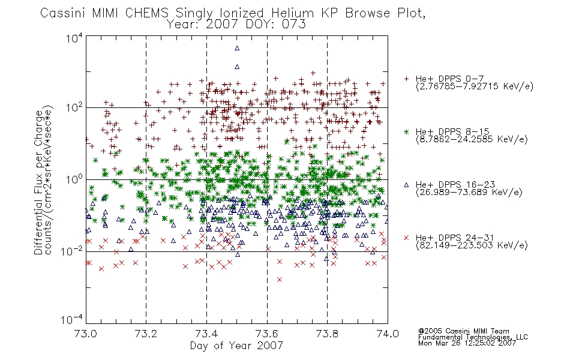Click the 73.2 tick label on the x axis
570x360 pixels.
tap(146, 334)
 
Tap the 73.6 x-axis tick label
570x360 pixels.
tap(267, 334)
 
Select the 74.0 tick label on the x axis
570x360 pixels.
tap(388, 334)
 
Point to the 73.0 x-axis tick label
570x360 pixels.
tap(86, 334)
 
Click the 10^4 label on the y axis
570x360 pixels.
tap(74, 38)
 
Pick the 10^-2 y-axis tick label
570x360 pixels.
tap(73, 251)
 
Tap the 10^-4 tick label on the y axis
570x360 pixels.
tap(73, 319)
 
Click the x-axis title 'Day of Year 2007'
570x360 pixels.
tap(236, 346)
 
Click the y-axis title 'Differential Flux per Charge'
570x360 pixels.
tap(38, 182)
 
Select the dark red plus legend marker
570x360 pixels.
tap(406, 79)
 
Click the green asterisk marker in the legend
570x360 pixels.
tap(406, 131)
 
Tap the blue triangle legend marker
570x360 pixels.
tap(406, 185)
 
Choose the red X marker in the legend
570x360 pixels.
tap(406, 238)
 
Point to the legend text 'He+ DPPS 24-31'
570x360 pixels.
tap(455, 238)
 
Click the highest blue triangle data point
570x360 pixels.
tap(237, 48)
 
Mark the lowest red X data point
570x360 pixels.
tap(279, 279)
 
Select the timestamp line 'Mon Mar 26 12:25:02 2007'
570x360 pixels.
tap(467, 343)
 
